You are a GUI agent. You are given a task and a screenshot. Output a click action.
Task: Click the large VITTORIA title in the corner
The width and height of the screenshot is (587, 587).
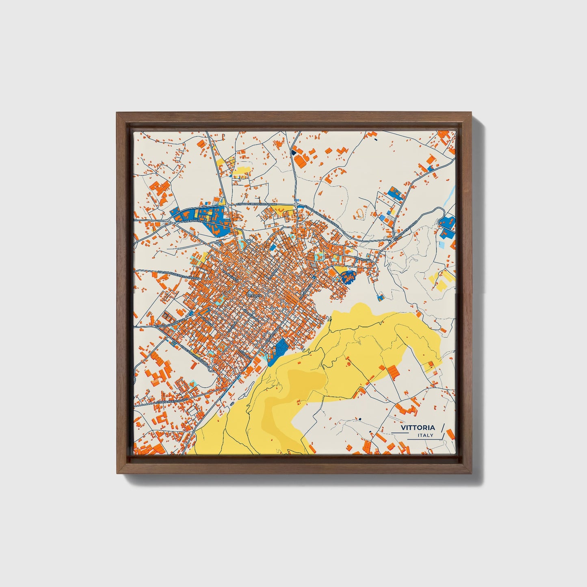pyautogui.click(x=418, y=427)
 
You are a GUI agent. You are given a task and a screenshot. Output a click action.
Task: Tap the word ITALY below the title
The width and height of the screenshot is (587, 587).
pyautogui.click(x=425, y=435)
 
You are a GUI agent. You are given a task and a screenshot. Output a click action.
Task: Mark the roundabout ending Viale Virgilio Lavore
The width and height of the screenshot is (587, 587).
pyautogui.click(x=210, y=369)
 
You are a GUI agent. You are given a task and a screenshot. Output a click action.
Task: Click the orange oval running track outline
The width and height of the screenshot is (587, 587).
pyautogui.click(x=360, y=213)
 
